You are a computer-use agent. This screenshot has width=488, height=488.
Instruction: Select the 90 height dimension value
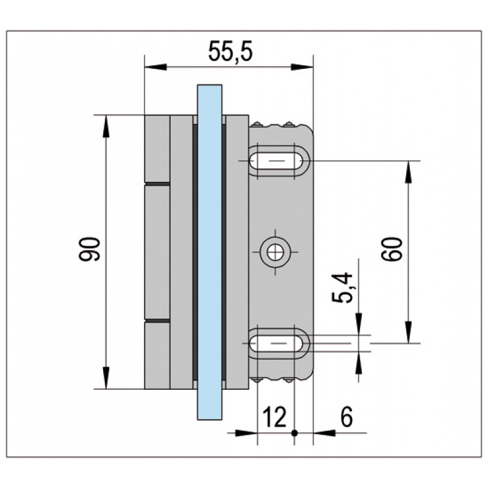pos(91,249)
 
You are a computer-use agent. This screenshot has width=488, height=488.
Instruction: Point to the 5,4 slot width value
pos(346,288)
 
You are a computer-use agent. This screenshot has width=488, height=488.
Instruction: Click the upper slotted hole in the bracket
pos(279,161)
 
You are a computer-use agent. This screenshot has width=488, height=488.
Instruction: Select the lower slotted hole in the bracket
pos(279,343)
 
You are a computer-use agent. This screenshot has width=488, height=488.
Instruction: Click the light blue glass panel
pos(209,250)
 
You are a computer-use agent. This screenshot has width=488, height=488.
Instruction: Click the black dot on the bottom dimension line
pos(294,433)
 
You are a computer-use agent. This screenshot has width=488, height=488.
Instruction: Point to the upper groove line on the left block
pos(157,182)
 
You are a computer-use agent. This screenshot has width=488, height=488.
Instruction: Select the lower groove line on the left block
pos(157,319)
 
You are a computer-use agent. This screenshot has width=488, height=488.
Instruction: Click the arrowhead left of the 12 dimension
pos(248,433)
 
